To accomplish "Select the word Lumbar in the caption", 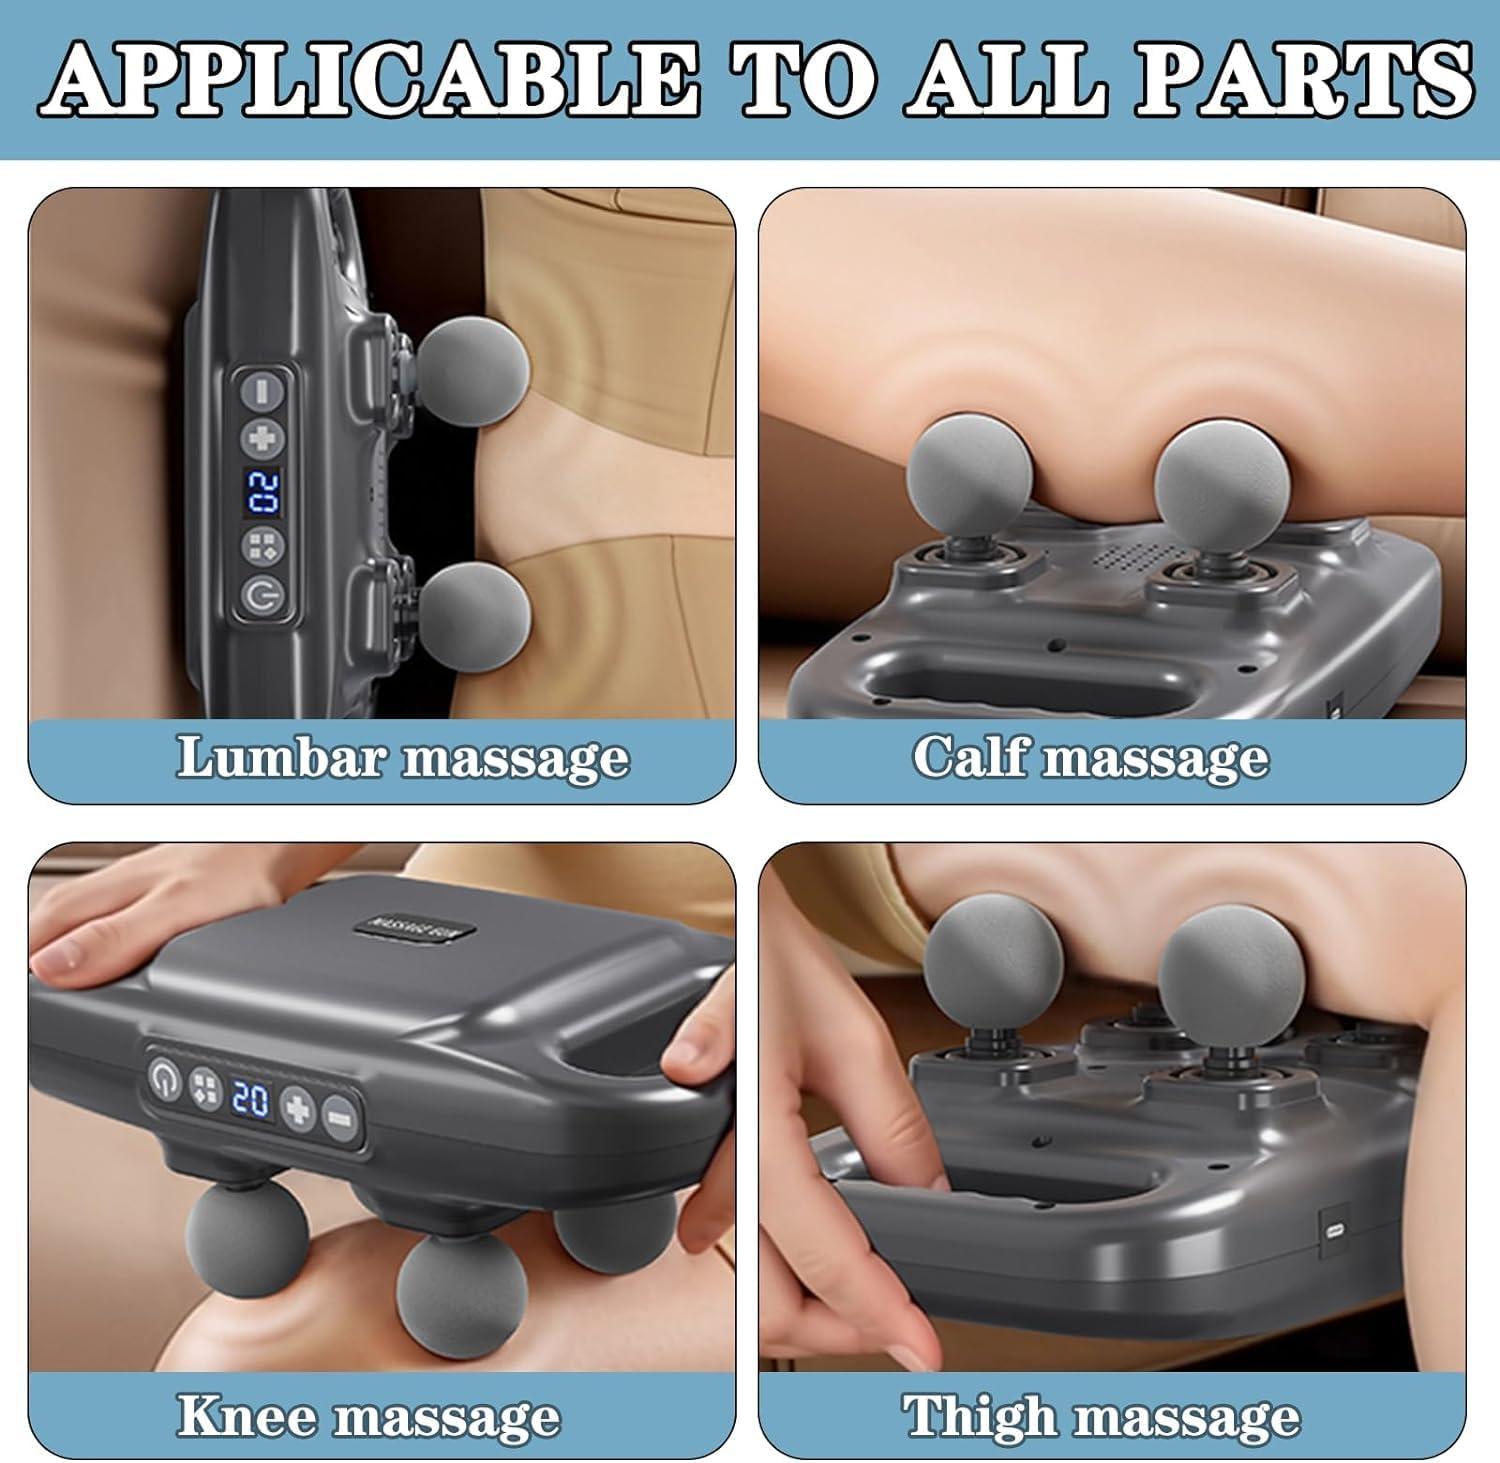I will (x=282, y=757).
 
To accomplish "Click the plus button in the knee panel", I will (x=297, y=1108).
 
